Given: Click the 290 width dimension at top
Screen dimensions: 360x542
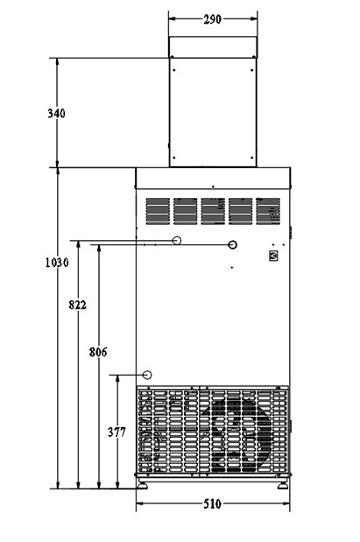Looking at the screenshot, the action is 212,19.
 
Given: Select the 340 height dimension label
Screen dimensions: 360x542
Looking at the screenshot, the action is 56,113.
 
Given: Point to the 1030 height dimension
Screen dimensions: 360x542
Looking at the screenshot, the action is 57,263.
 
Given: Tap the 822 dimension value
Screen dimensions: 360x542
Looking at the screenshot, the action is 77,305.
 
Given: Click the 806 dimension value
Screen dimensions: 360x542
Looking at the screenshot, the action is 98,352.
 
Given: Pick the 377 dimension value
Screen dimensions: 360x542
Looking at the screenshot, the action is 116,432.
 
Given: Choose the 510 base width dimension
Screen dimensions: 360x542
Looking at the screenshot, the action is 212,504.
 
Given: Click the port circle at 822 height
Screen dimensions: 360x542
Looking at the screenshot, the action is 177,240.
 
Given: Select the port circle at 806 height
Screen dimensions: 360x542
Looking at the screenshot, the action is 233,244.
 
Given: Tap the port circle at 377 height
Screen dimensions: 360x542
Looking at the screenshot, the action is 147,375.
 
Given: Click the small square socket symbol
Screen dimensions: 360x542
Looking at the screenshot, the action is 273,257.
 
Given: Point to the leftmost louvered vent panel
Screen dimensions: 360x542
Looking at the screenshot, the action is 158,211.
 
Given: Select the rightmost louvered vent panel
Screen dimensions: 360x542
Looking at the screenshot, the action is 268,211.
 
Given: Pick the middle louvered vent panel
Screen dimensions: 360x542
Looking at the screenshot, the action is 213,211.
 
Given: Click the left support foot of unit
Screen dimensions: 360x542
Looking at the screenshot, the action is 142,485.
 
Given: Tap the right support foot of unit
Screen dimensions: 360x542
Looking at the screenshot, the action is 283,485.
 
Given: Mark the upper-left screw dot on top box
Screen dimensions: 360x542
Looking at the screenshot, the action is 174,70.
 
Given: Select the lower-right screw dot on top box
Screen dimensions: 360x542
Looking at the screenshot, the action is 251,158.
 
